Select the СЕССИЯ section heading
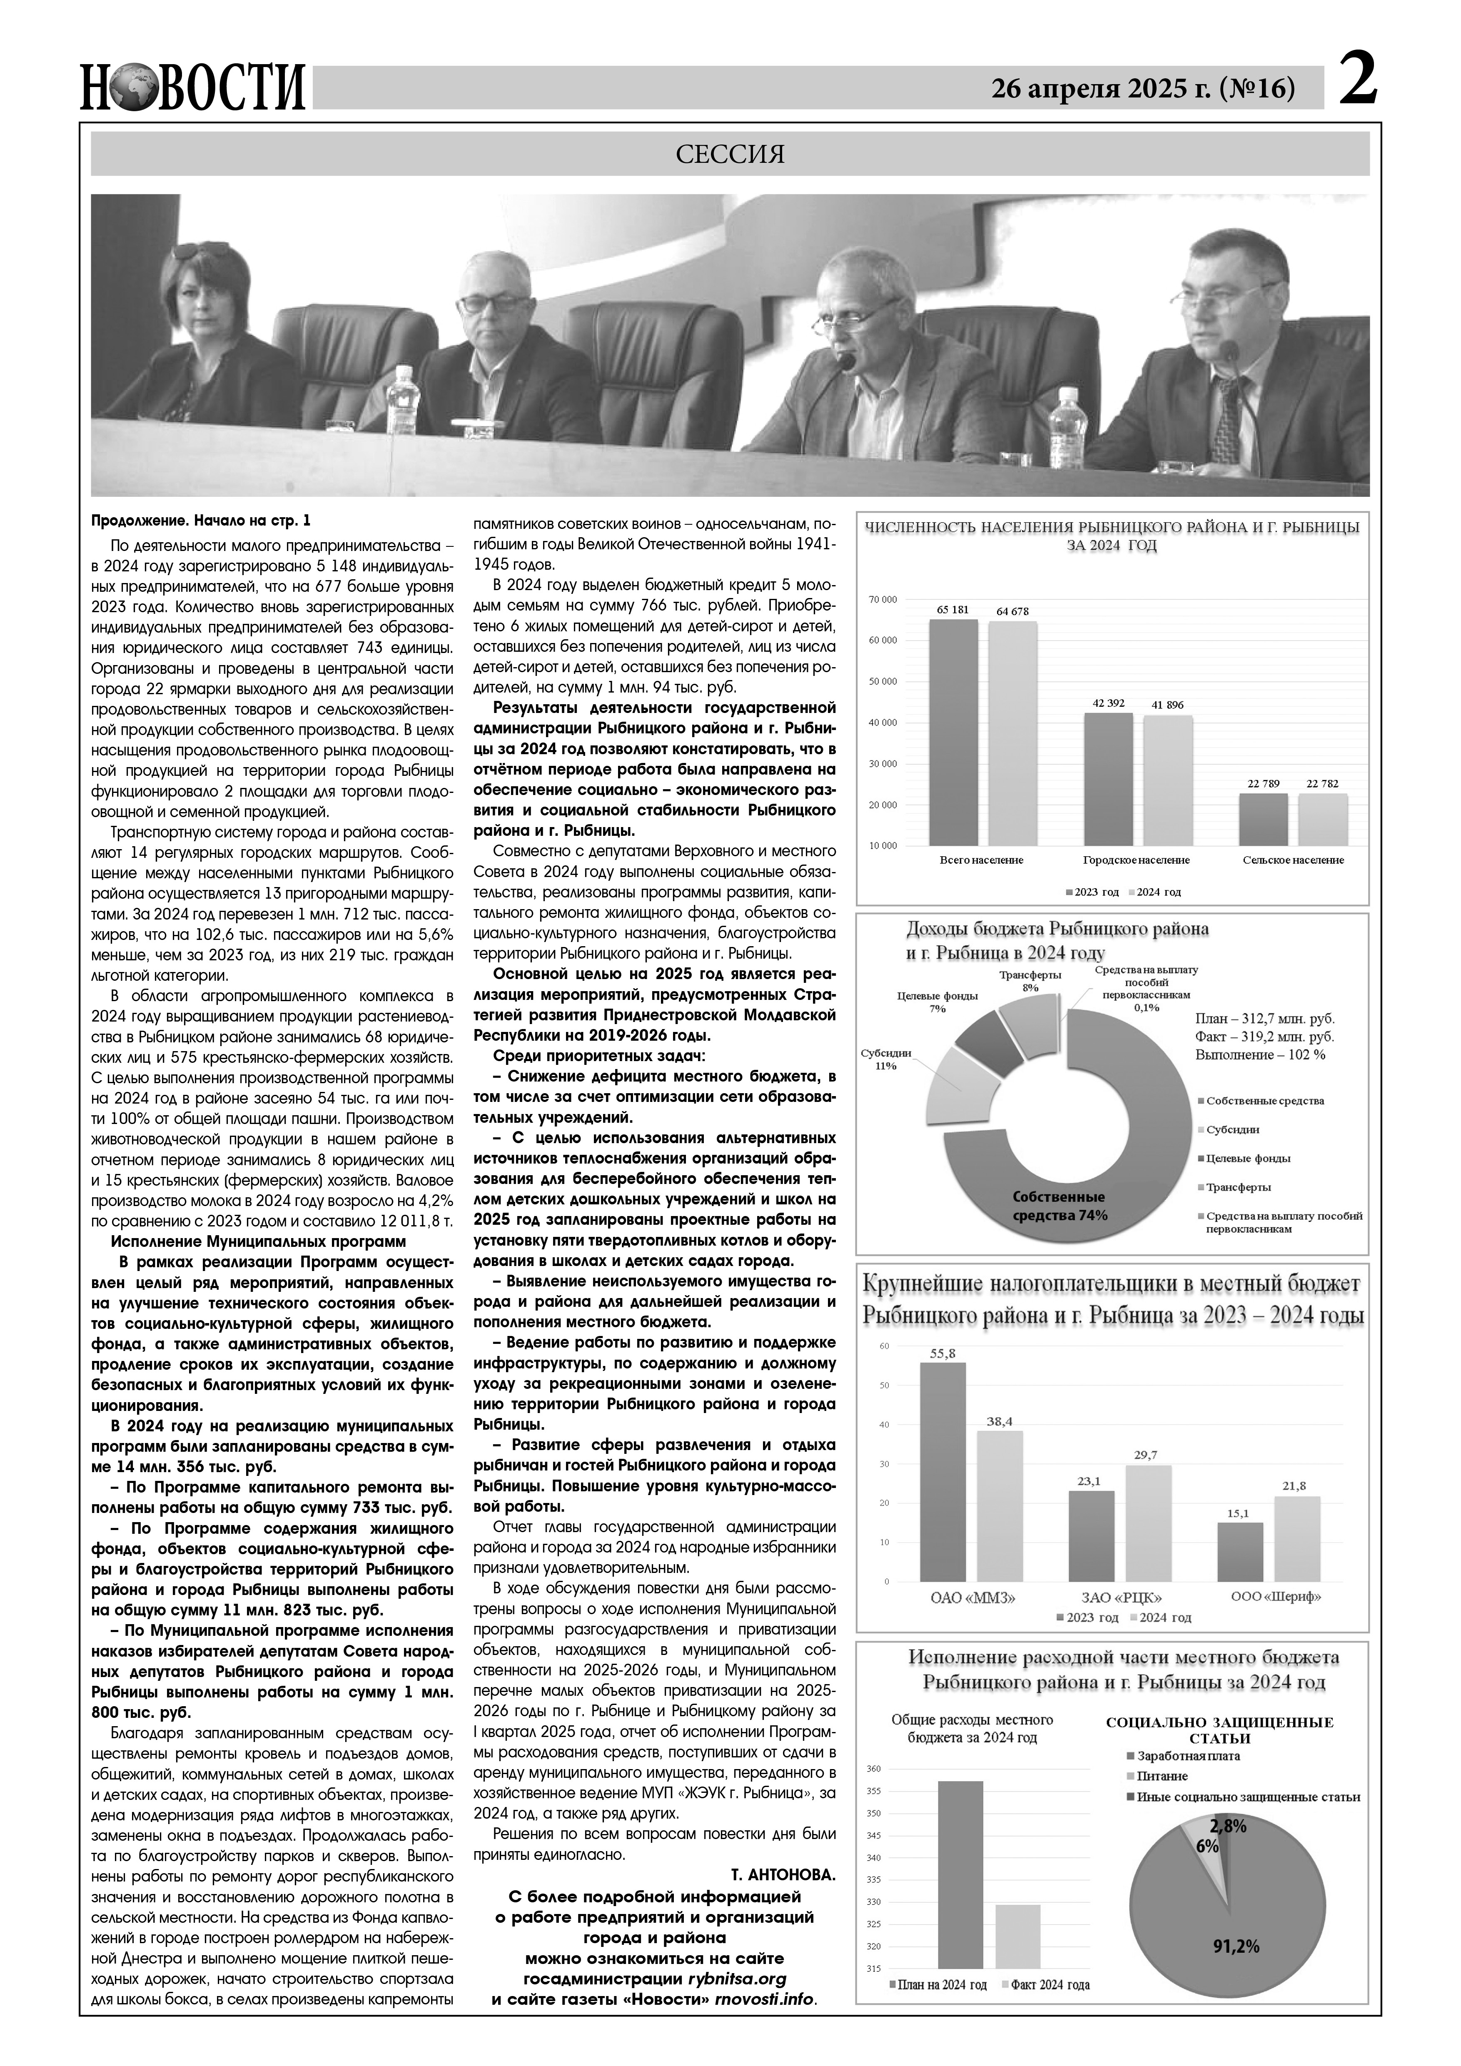tap(730, 155)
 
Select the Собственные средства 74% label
tap(1059, 1206)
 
